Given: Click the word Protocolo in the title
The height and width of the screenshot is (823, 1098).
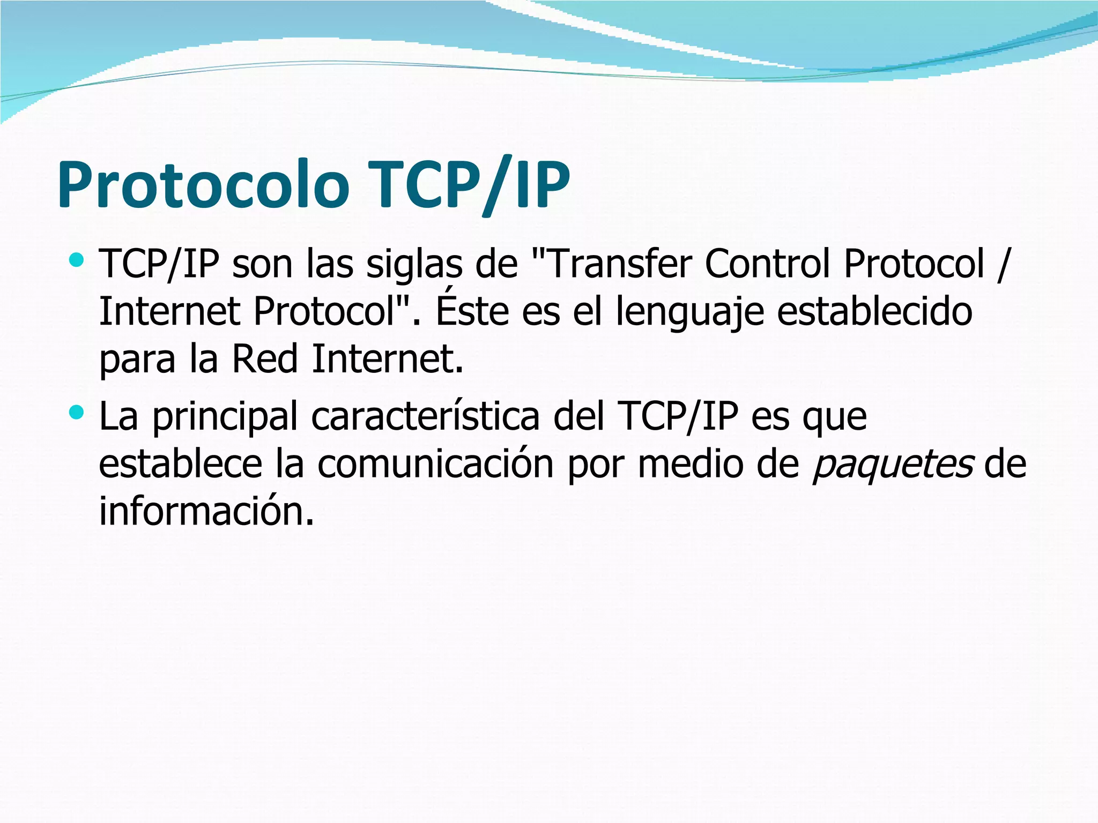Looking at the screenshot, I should click(x=203, y=184).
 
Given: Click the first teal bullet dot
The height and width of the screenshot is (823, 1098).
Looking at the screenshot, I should click(x=77, y=260).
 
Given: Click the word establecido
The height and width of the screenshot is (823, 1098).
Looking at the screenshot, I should click(x=874, y=311).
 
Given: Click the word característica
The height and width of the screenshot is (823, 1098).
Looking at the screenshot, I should click(x=425, y=416).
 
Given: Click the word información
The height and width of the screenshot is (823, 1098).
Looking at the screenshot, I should click(x=206, y=511).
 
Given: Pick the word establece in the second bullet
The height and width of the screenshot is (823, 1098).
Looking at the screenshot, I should click(x=180, y=464).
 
